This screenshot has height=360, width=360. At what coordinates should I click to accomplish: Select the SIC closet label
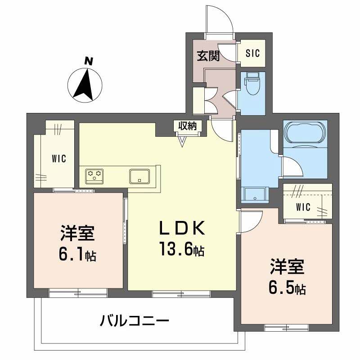point(253,53)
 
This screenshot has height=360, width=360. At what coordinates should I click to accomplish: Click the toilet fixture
point(252,84)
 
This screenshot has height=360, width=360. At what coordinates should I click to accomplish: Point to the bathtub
point(304,134)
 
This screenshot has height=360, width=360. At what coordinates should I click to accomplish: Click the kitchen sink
point(140,175)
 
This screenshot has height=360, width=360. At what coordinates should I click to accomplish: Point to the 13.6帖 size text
point(181,248)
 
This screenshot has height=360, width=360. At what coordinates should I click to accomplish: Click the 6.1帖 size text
point(77,255)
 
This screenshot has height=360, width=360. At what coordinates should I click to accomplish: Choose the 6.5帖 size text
point(288,287)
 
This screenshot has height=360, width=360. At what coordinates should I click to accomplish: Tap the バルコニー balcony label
point(135,321)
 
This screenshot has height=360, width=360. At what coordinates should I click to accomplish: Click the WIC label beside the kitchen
point(58,158)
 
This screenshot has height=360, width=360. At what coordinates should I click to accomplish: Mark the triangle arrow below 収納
point(182,141)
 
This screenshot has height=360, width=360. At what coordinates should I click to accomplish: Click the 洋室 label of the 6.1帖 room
point(77,235)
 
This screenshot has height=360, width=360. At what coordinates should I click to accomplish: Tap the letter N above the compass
point(89,61)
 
